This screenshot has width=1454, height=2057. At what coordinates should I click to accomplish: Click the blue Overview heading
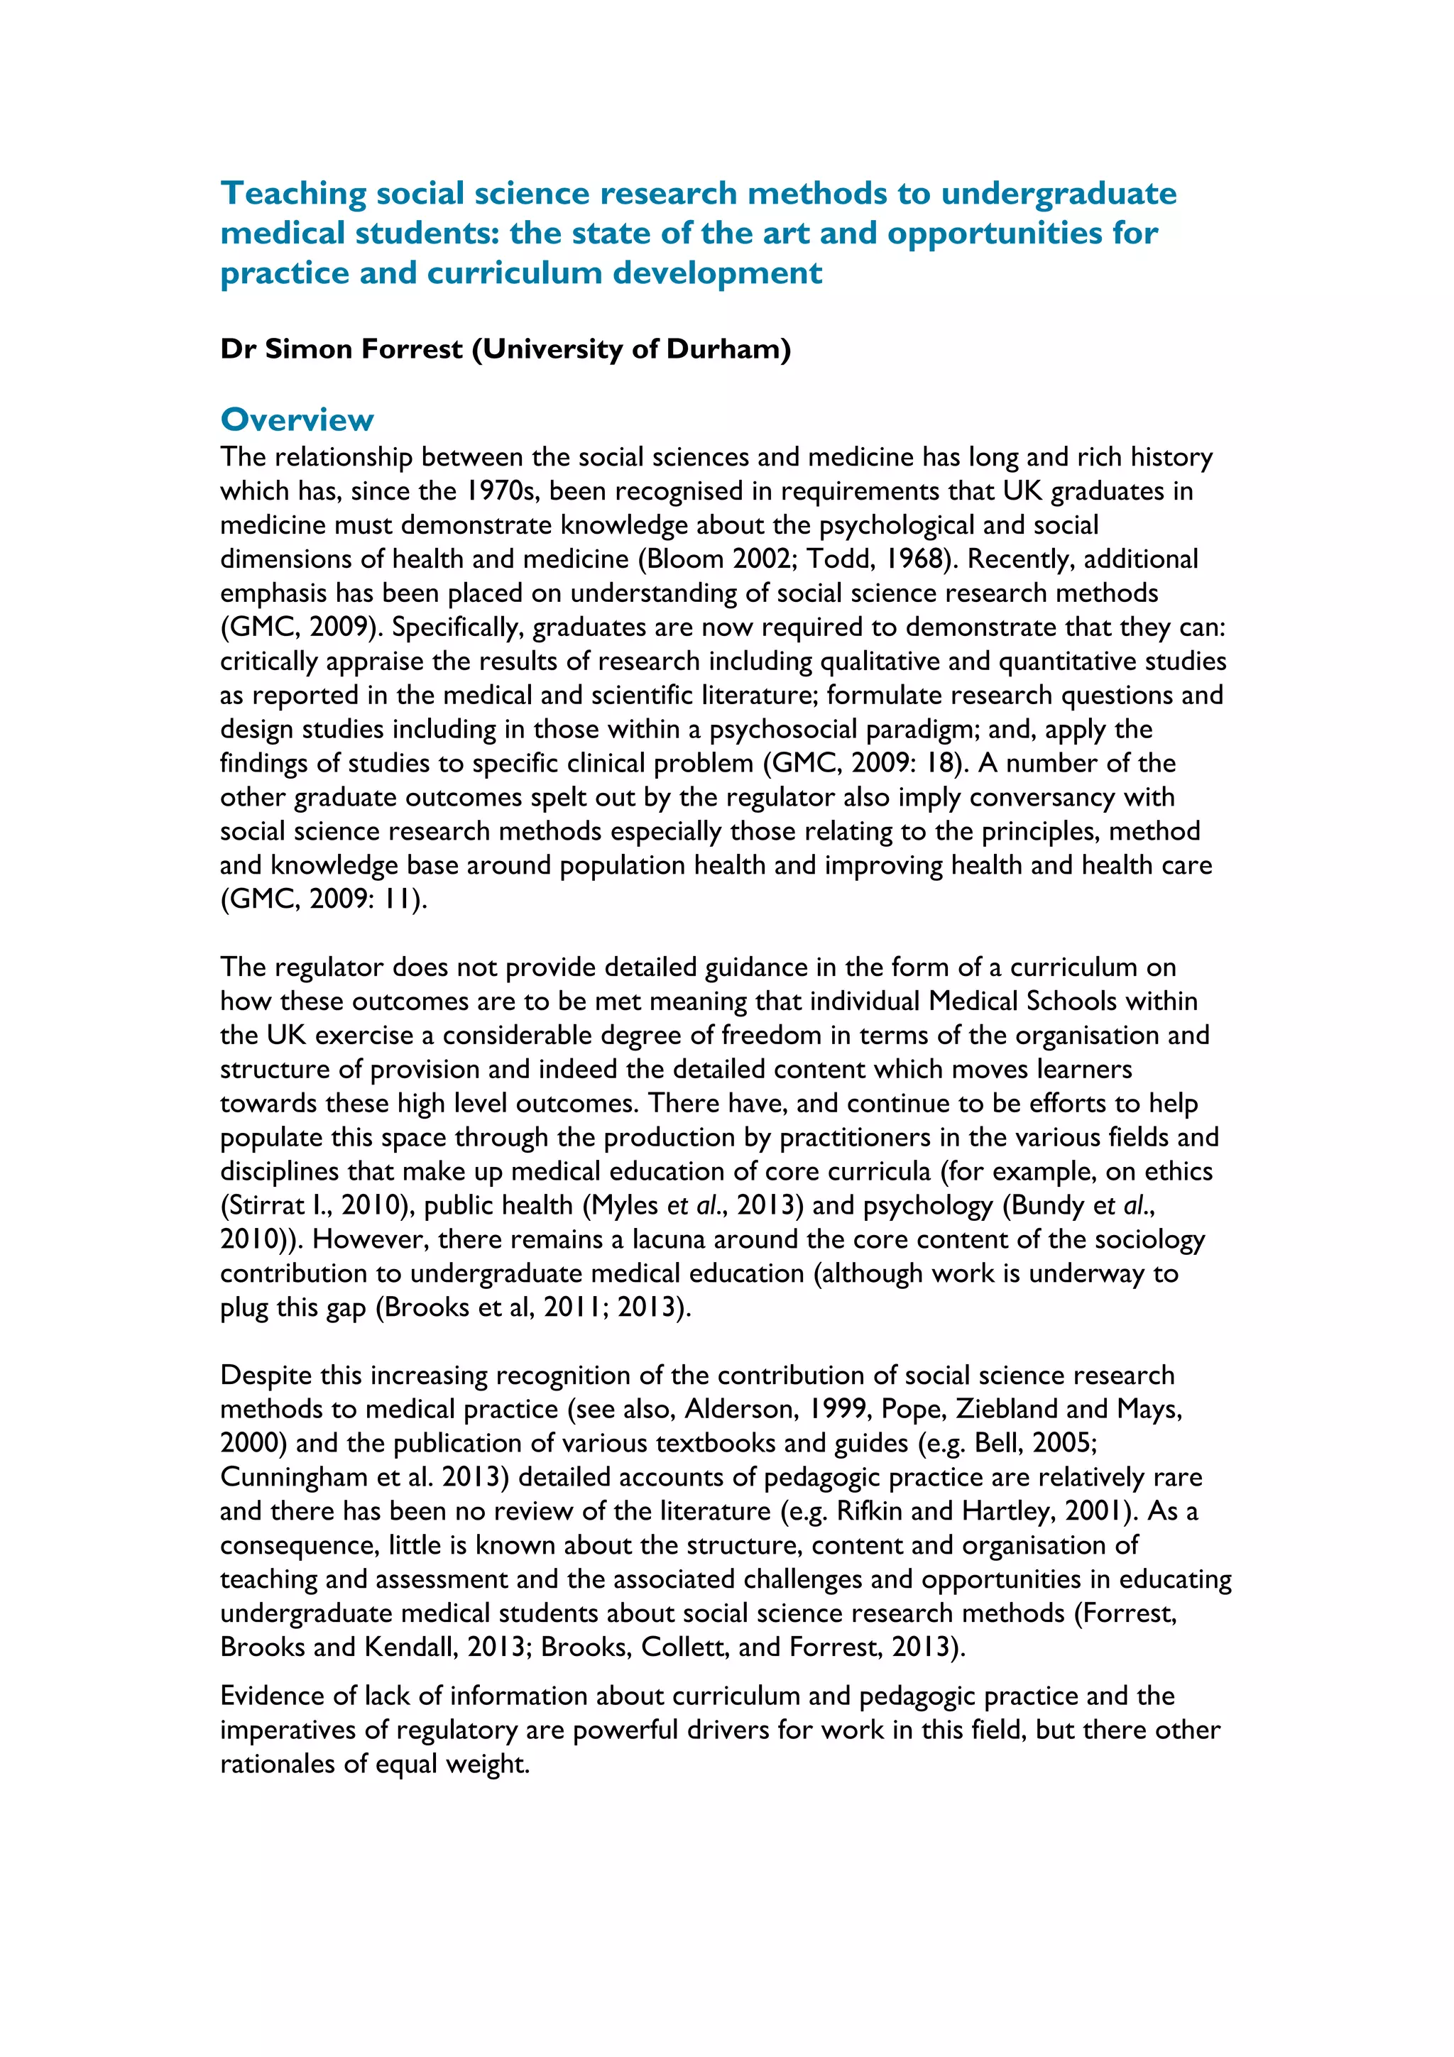[297, 419]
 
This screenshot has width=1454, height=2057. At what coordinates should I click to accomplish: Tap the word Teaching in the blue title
[293, 194]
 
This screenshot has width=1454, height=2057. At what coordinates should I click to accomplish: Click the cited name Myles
[625, 1206]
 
